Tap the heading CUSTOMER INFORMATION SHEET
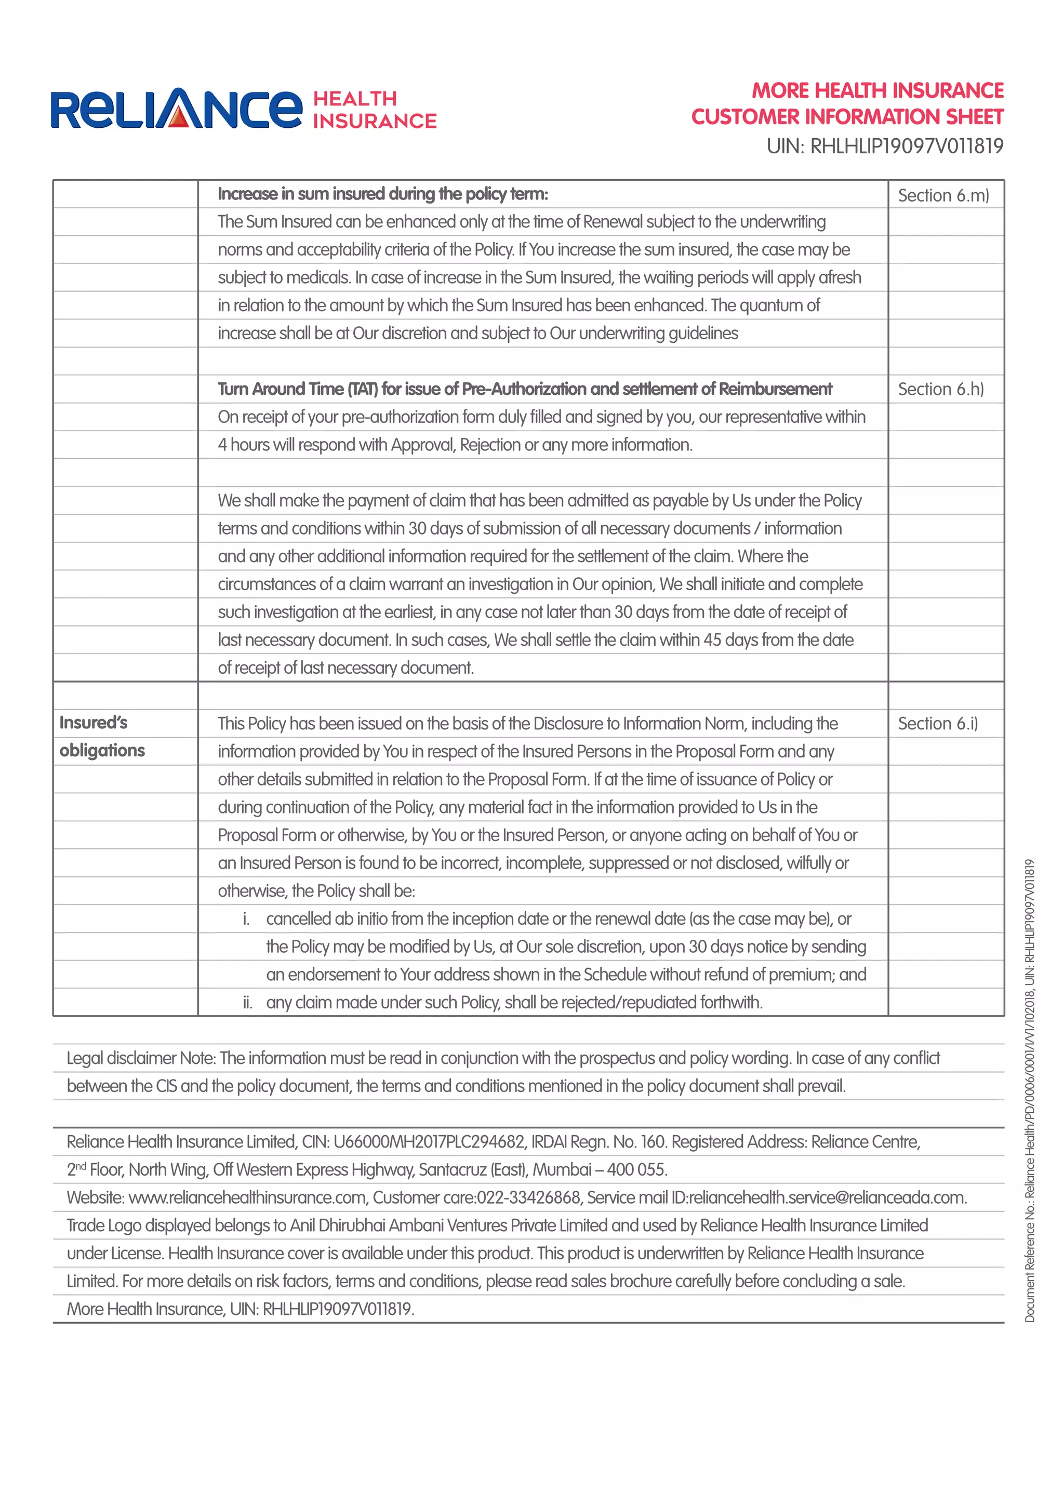coord(847,117)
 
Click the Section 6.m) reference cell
coord(943,195)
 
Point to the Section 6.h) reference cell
coord(940,389)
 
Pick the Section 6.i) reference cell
coord(937,723)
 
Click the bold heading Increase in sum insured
coord(382,194)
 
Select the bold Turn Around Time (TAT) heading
coord(524,389)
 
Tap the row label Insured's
coord(93,722)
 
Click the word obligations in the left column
coord(102,751)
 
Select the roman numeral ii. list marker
coord(247,1002)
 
